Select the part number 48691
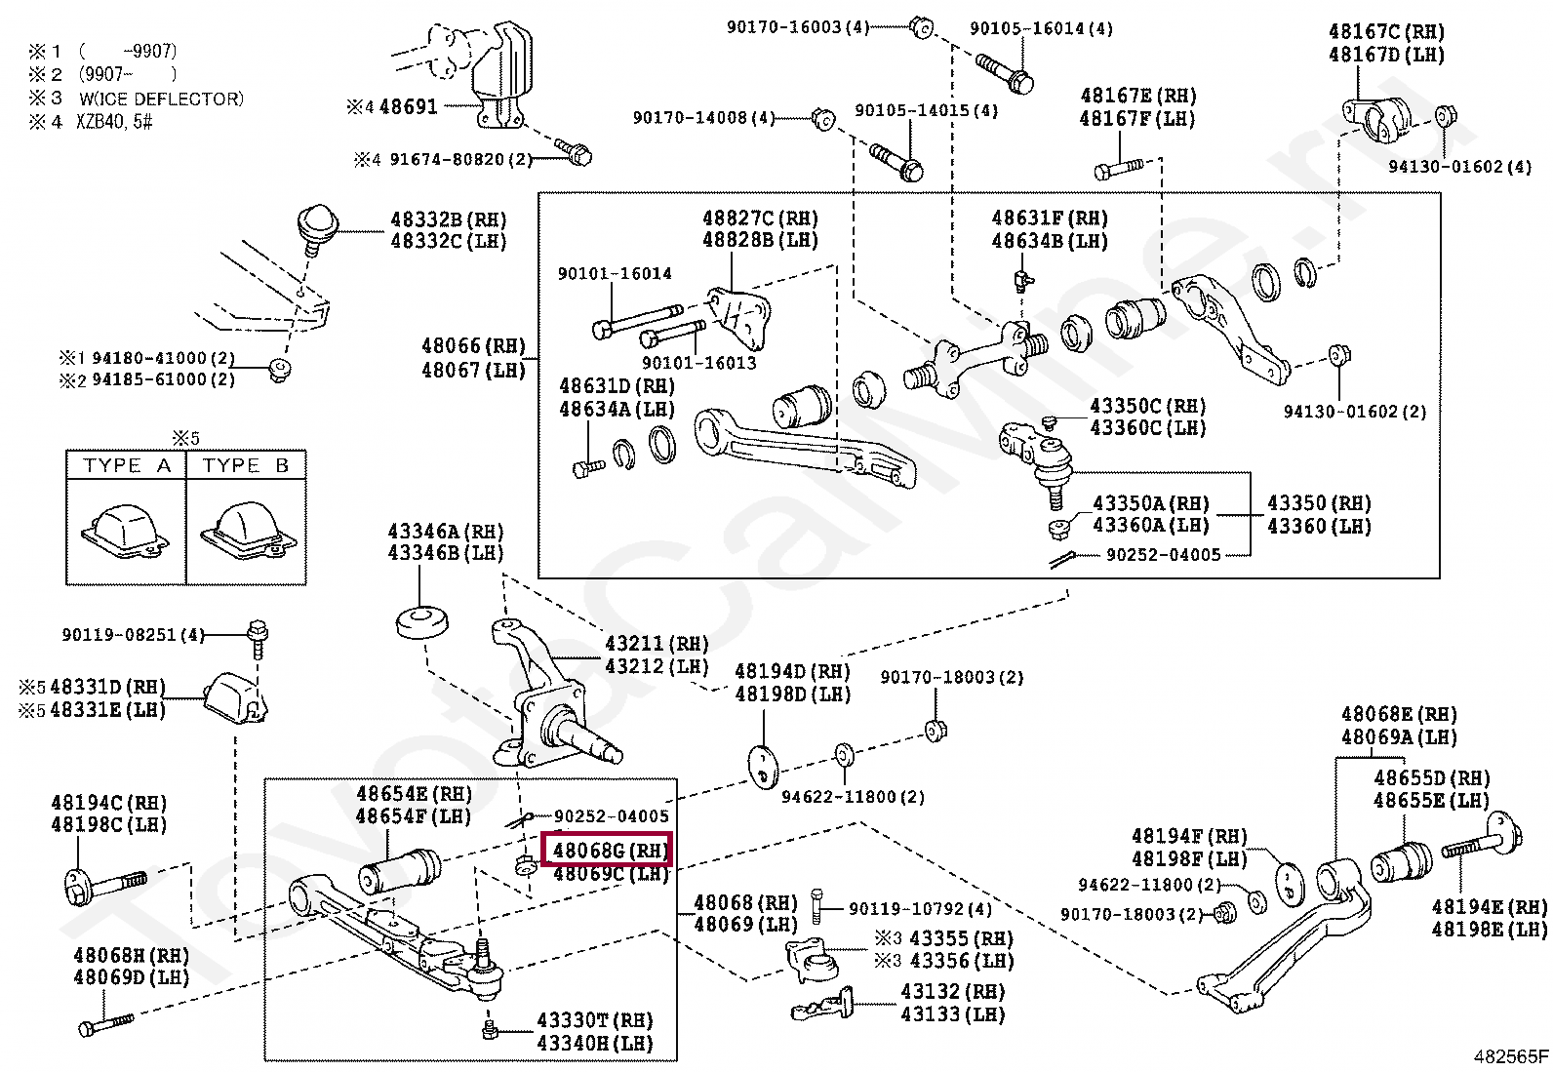coord(409,106)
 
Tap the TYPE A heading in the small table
coord(127,465)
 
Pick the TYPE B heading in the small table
coord(246,465)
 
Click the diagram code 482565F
coord(1509,1056)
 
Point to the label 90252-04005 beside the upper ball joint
coord(1164,555)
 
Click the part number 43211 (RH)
coord(657,644)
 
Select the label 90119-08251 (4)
coord(133,634)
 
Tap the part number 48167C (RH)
coord(1386,32)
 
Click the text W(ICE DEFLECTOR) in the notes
coord(162,99)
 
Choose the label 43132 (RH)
coord(953,992)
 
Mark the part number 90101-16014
coord(615,273)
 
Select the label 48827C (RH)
coord(761,218)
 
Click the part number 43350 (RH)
coord(1319,502)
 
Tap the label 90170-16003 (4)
coord(798,27)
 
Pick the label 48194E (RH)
coord(1490,906)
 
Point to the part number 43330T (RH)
coord(595,1020)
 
